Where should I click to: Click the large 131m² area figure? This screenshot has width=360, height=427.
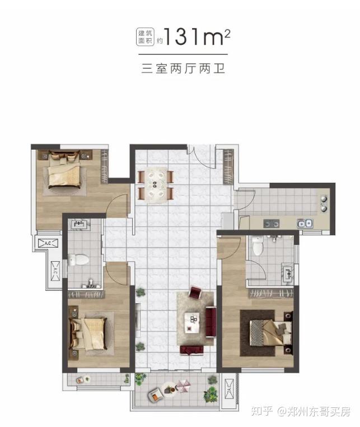[x=197, y=36]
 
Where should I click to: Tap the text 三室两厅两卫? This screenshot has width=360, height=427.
[x=183, y=68]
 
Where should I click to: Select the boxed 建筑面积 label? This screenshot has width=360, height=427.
[x=146, y=37]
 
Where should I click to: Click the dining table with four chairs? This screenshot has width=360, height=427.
[x=156, y=184]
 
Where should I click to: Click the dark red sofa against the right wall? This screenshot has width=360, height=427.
[x=211, y=322]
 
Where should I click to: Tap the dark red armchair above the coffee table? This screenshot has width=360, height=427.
[x=195, y=292]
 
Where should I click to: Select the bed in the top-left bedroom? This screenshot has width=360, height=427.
[x=64, y=170]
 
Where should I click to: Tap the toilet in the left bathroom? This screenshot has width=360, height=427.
[x=78, y=260]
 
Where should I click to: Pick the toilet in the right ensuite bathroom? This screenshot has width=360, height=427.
[x=258, y=246]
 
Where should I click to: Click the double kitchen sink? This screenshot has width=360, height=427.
[x=305, y=224]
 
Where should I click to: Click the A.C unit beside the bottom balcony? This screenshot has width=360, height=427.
[x=228, y=388]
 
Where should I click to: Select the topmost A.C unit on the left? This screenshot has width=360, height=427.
[x=48, y=243]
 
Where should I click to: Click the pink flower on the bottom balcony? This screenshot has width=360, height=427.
[x=183, y=387]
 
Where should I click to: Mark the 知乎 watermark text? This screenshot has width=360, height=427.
[x=262, y=411]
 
